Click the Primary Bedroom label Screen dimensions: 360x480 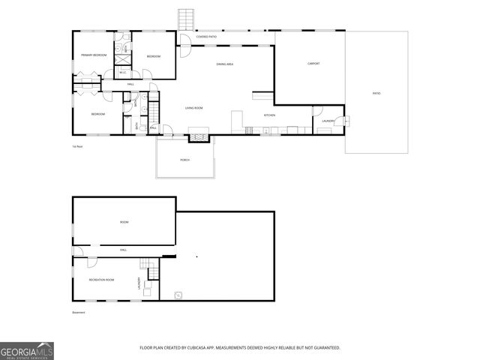point(94,55)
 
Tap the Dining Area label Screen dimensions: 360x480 point(224,64)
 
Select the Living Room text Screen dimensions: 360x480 point(194,108)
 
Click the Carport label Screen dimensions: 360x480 point(313,64)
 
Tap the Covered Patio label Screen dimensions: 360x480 point(208,36)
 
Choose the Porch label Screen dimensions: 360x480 point(184,160)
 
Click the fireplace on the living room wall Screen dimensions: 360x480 point(198,137)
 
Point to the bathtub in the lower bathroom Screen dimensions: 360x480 point(136,127)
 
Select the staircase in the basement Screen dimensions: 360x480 point(144,263)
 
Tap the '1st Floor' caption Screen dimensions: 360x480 point(76,146)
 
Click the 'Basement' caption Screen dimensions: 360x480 point(78,312)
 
